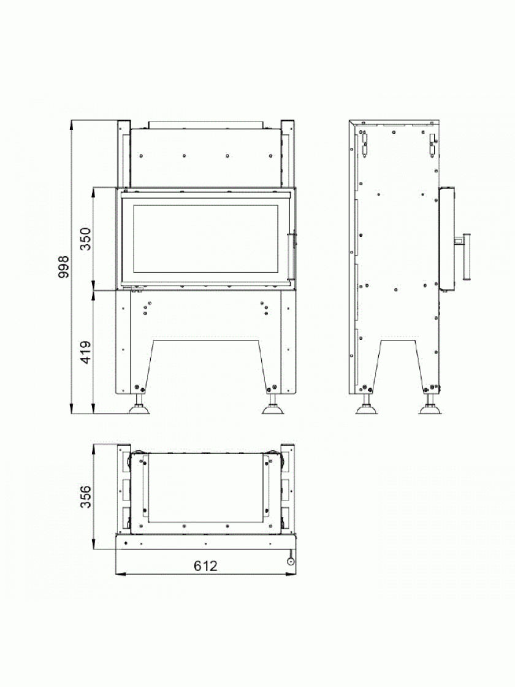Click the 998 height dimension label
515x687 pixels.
(64, 267)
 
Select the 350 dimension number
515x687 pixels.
(85, 239)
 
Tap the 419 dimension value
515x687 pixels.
(85, 352)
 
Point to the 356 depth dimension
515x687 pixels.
(85, 496)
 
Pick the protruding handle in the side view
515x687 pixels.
(465, 257)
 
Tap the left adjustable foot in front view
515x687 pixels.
(139, 405)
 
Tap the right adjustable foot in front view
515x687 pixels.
(273, 405)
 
